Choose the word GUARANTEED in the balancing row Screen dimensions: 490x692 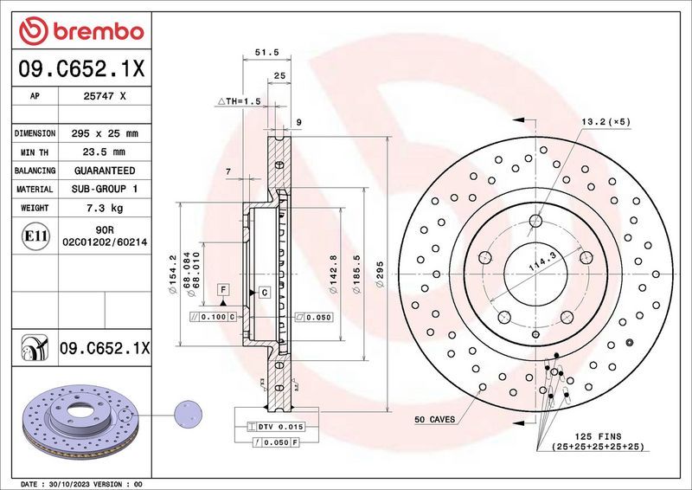click(105, 171)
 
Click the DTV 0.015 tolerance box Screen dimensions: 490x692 click(274, 427)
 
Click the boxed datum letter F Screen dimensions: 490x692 click(223, 288)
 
